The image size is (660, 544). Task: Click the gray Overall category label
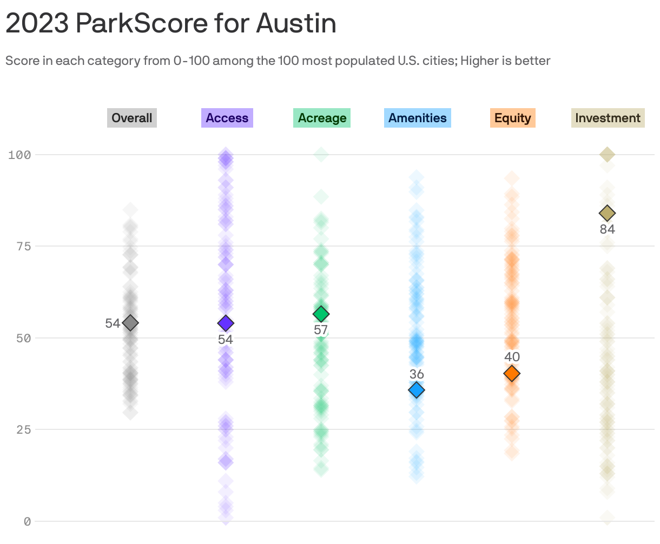pyautogui.click(x=132, y=118)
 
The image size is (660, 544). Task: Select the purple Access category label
pyautogui.click(x=227, y=118)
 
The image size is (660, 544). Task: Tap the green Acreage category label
pyautogui.click(x=322, y=118)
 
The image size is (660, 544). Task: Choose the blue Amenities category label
pyautogui.click(x=418, y=118)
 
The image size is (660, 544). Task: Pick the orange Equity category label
pyautogui.click(x=512, y=118)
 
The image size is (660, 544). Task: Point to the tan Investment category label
pyautogui.click(x=608, y=118)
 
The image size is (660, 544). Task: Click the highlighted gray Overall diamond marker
pyautogui.click(x=130, y=323)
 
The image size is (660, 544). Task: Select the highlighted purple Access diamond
pyautogui.click(x=226, y=323)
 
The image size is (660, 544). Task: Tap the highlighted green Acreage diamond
pyautogui.click(x=321, y=314)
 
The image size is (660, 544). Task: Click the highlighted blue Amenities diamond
pyautogui.click(x=417, y=390)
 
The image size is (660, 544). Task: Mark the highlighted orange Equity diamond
pyautogui.click(x=512, y=373)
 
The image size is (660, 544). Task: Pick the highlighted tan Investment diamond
pyautogui.click(x=607, y=214)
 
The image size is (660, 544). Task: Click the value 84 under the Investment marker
pyautogui.click(x=607, y=230)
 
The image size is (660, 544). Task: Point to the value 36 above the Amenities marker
pyautogui.click(x=417, y=374)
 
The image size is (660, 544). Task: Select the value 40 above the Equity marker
pyautogui.click(x=512, y=357)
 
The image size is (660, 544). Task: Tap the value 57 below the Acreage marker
pyautogui.click(x=321, y=330)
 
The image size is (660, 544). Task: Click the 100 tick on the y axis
pyautogui.click(x=19, y=155)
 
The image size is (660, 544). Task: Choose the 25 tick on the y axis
pyautogui.click(x=23, y=430)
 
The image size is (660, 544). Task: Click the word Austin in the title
pyautogui.click(x=296, y=23)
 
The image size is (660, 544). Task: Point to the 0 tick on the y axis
pyautogui.click(x=27, y=521)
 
